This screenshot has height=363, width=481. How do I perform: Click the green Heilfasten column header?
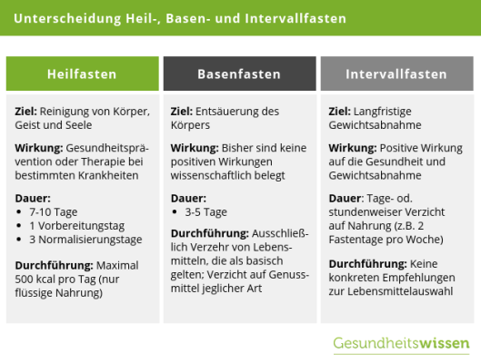point(82,74)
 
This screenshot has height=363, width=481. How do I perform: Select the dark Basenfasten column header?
point(240,74)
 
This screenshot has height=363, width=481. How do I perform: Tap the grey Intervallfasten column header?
point(396,74)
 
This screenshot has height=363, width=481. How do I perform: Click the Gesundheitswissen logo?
point(401,344)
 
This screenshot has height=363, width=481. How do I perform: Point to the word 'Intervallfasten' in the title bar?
point(305,18)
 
